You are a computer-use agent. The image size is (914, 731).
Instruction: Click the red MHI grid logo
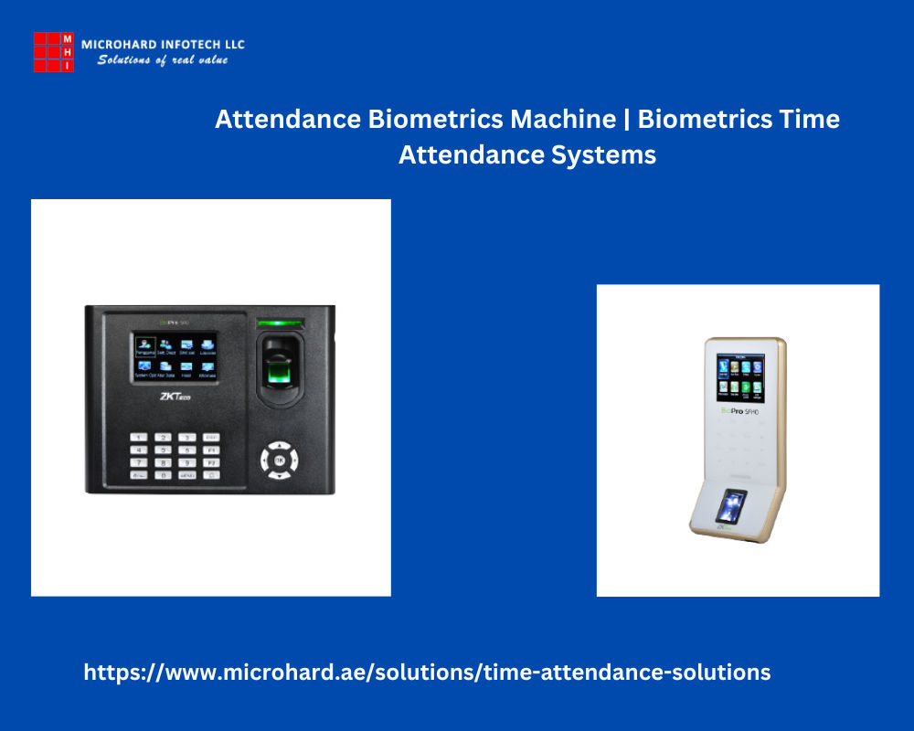[53, 52]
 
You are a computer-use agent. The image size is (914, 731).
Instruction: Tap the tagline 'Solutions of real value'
[163, 60]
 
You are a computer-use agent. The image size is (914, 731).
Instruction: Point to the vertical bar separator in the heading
[627, 119]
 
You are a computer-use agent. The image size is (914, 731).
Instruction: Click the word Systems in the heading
[610, 154]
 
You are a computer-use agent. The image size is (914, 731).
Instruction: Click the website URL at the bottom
[427, 673]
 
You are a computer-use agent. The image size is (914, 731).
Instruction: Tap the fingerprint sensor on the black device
[280, 371]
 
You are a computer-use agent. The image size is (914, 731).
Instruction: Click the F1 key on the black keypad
[211, 450]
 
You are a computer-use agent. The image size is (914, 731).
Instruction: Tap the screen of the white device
[739, 380]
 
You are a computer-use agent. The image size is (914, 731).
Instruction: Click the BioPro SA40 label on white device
[740, 412]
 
